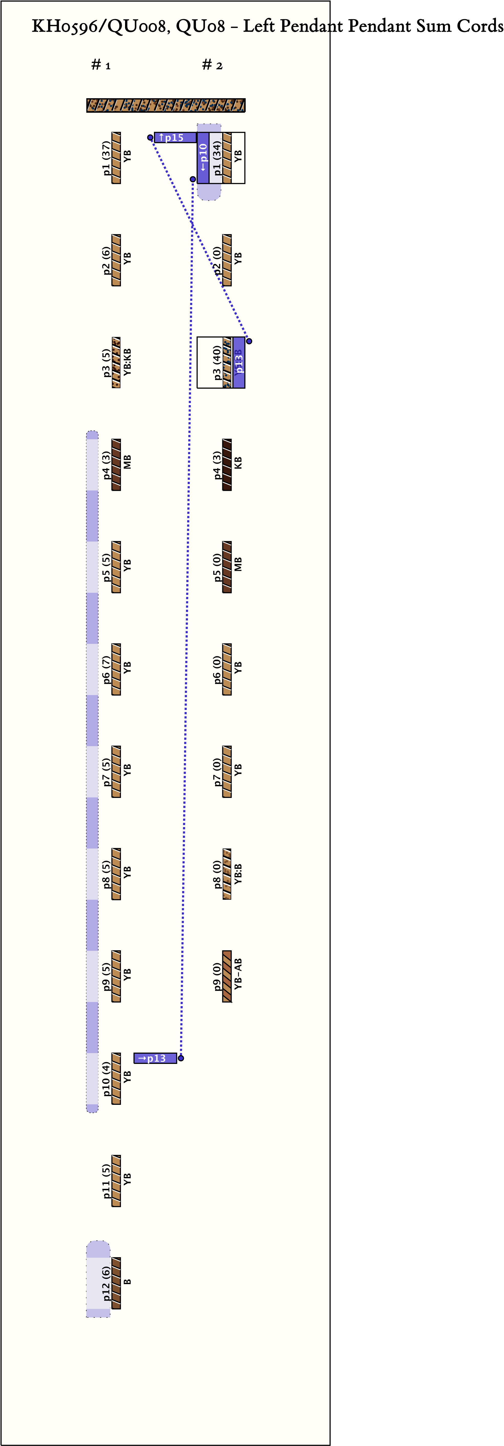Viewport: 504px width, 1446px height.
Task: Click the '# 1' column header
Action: (x=101, y=65)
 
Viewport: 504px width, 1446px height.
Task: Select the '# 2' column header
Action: (x=212, y=65)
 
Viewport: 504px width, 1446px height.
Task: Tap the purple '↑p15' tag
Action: (x=175, y=138)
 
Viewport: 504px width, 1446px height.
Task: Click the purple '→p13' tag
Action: (x=155, y=1058)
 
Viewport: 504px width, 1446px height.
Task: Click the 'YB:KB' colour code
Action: (x=127, y=363)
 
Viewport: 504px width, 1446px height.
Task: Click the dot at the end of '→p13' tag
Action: (x=181, y=1058)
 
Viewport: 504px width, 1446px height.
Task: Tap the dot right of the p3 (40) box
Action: (x=249, y=341)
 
